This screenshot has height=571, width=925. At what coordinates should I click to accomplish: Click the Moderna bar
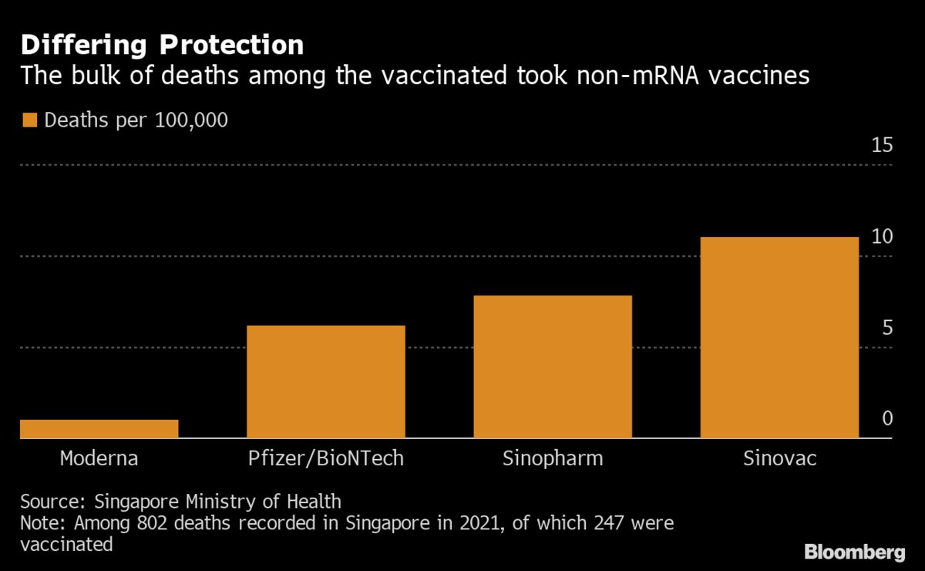[99, 429]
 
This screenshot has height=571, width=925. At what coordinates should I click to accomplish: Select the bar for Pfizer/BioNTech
[325, 382]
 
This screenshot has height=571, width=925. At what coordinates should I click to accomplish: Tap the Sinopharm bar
[553, 367]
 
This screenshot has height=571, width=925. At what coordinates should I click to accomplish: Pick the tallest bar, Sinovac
[779, 338]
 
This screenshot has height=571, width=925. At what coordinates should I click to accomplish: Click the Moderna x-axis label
[99, 458]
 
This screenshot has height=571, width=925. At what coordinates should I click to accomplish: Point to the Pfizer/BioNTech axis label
[325, 458]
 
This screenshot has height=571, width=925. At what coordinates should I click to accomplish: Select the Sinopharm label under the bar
[553, 458]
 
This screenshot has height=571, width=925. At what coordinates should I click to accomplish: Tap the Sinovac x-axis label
[779, 458]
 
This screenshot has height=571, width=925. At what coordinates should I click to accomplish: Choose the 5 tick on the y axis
[886, 328]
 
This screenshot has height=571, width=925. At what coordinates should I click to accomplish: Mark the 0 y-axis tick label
[886, 419]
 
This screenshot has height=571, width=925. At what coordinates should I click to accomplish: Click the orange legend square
[30, 120]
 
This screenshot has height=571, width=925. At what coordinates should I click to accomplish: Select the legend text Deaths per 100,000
[136, 120]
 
